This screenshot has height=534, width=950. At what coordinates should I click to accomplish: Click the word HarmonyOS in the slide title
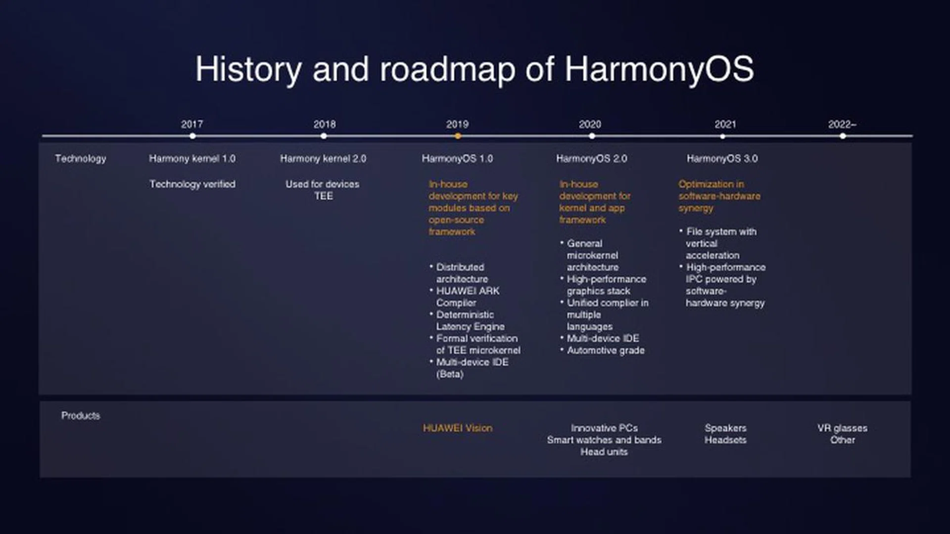coord(659,69)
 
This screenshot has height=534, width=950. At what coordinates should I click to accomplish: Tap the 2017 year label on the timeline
coord(192,124)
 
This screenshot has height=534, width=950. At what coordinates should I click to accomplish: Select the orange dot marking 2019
coord(458,136)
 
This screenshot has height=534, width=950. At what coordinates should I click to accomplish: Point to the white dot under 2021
coord(723,136)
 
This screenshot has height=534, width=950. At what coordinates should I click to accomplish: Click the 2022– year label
coord(842,124)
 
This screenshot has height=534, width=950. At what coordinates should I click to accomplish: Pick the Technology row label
coord(81,159)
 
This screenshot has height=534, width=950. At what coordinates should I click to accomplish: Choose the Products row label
coord(81,415)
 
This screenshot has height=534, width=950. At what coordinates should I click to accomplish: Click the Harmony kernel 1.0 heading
coord(192,159)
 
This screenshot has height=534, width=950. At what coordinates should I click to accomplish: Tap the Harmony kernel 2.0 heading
coord(323,159)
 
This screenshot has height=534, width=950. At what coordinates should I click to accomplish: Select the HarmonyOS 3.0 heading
coord(722,159)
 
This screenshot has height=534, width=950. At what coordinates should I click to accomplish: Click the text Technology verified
coord(192,184)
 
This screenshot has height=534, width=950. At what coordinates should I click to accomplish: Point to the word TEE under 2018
coord(324,196)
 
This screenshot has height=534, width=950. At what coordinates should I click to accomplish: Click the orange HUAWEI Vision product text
coord(458,428)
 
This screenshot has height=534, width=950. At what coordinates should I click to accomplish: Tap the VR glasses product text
coord(842,428)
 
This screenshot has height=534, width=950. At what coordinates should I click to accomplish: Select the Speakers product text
coord(725,428)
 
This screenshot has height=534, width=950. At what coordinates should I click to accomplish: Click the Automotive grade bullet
coord(606,351)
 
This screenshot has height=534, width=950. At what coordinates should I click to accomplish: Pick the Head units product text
coord(604,452)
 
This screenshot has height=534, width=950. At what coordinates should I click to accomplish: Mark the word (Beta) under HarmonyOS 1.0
coord(450,374)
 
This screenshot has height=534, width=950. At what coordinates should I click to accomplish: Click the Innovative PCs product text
coord(604,428)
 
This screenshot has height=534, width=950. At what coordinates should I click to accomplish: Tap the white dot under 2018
coord(324,136)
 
